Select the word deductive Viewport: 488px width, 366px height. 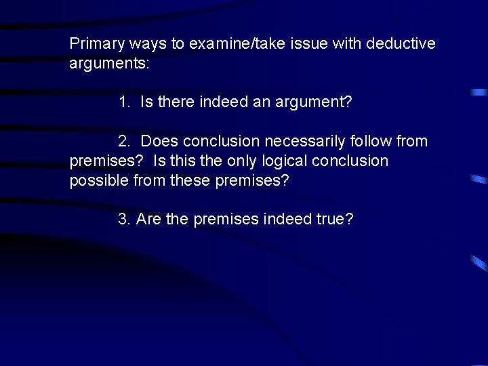click(x=401, y=44)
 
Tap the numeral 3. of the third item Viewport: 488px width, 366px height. click(x=124, y=220)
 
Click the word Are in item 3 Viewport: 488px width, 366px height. click(x=148, y=220)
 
